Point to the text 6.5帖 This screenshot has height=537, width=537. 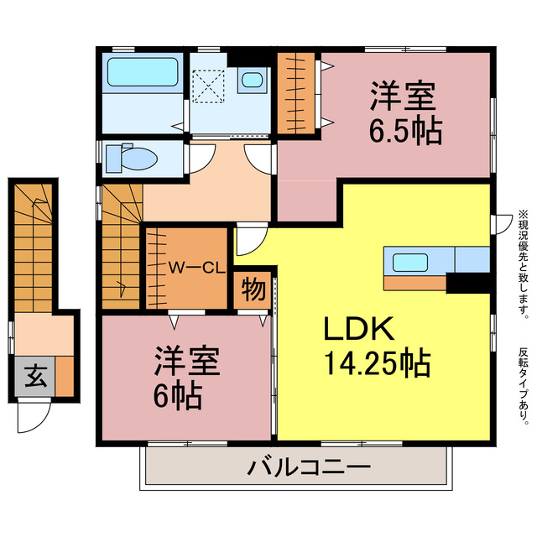point(405,133)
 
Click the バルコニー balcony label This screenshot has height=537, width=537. point(308,467)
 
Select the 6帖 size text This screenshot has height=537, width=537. point(177,395)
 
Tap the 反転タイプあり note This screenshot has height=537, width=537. point(524,386)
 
